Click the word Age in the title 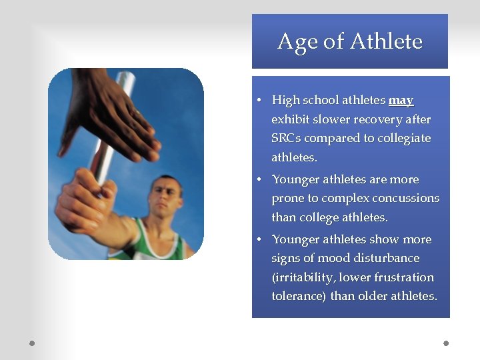tap(297, 42)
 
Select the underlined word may tap(401, 101)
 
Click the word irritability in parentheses tap(305, 277)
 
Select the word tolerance tap(298, 296)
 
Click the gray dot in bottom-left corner tap(31, 343)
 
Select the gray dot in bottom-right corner tap(446, 343)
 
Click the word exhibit tap(291, 120)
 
